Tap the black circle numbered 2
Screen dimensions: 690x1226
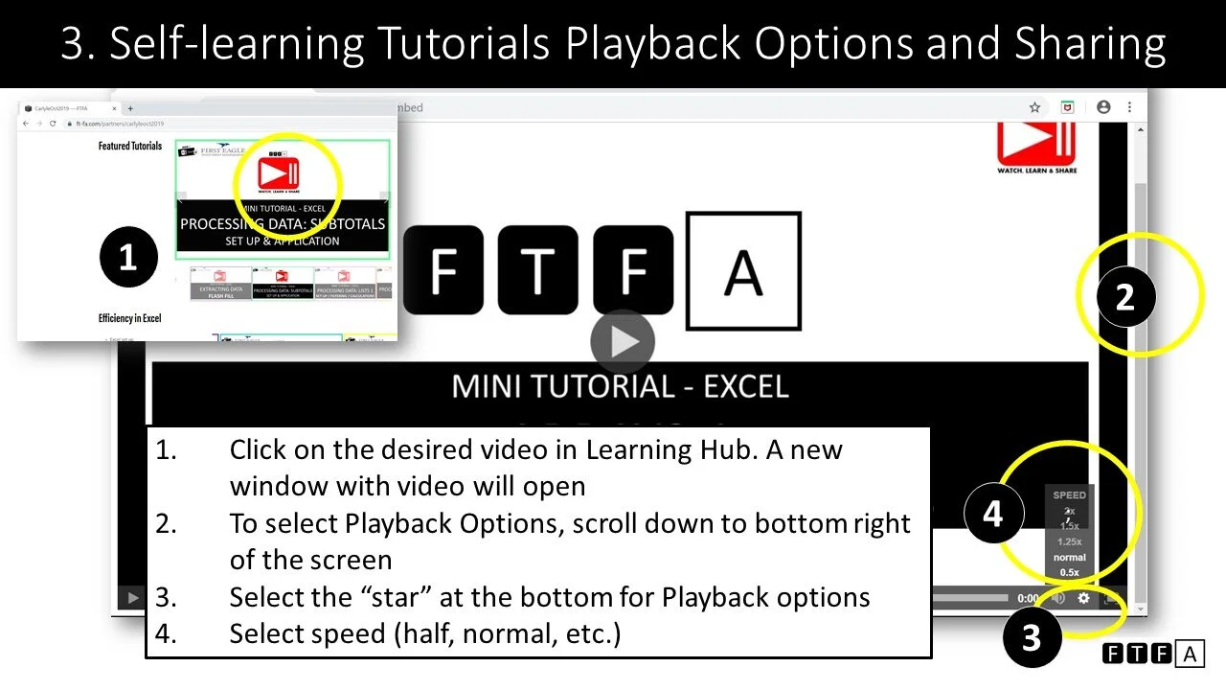pos(1124,297)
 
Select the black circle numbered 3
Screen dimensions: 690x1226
pos(1031,636)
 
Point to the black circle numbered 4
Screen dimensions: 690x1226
pos(992,514)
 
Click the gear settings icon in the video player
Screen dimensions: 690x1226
pos(1084,598)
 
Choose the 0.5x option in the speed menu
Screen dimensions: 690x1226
pos(1069,572)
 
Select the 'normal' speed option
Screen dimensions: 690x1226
pos(1069,557)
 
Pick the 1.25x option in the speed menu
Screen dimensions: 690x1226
pos(1069,541)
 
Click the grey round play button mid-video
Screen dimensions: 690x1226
pos(623,342)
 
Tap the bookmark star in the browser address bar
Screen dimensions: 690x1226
pos(1034,107)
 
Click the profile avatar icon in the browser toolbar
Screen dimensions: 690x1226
pos(1103,107)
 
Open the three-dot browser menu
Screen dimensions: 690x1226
pos(1130,107)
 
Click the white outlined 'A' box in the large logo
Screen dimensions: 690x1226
pos(743,271)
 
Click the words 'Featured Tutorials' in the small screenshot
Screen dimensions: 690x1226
pos(130,147)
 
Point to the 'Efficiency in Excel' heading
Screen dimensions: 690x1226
pos(128,318)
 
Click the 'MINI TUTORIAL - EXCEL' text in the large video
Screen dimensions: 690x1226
pos(620,386)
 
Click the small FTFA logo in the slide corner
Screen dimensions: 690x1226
pos(1152,655)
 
